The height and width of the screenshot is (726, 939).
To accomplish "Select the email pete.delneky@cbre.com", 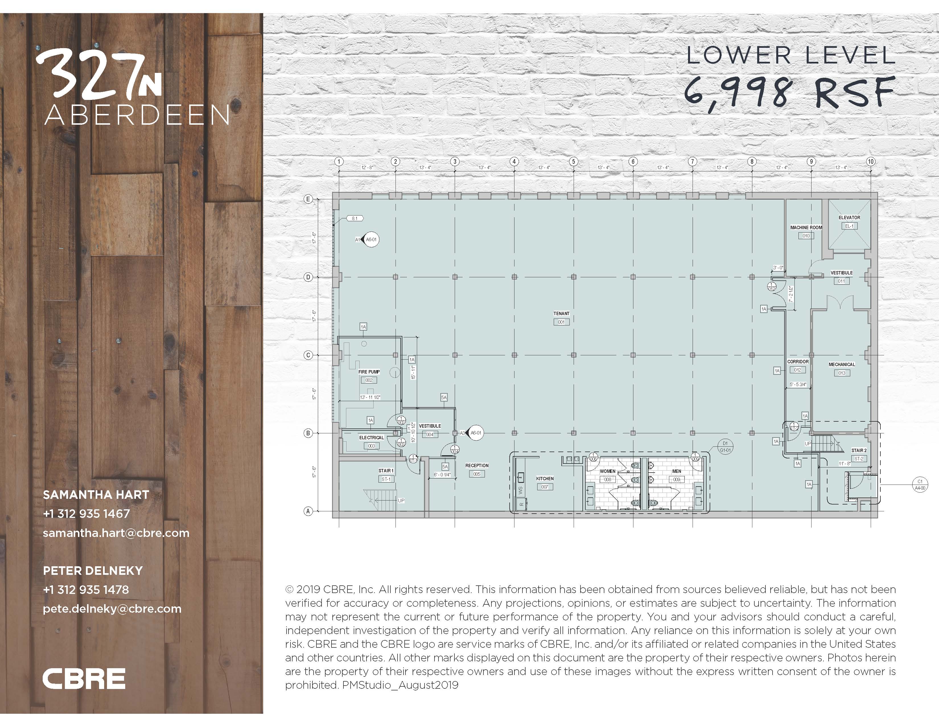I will (112, 609).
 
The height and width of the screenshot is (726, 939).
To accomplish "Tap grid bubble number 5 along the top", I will (574, 162).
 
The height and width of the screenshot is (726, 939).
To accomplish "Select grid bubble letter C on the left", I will (308, 355).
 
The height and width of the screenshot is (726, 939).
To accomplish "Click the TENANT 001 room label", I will (561, 317).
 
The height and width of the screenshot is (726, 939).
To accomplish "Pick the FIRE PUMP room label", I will (369, 372).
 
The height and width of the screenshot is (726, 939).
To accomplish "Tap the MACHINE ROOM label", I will (806, 227).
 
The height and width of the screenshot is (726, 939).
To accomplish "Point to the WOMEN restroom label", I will (608, 471).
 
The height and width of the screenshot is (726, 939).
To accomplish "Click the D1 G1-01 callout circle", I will (725, 446).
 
